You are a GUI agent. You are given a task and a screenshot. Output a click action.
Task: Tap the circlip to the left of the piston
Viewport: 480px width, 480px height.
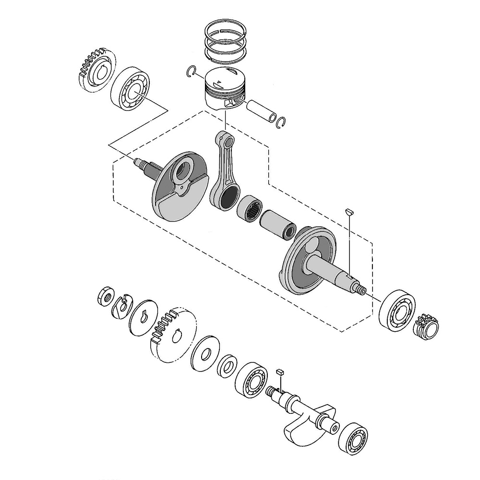[x=192, y=71]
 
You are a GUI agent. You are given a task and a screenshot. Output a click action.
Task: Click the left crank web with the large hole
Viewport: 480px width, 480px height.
[x=180, y=187]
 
